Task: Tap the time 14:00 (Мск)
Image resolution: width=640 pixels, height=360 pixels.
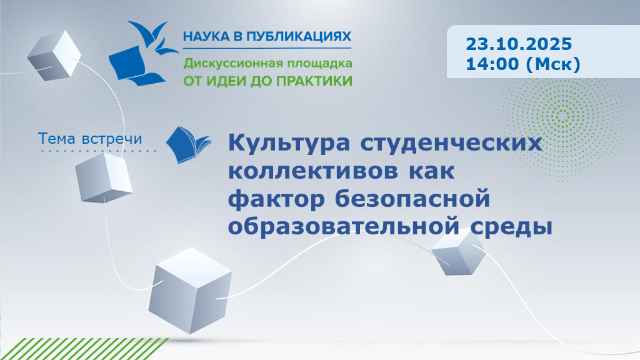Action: click(522, 64)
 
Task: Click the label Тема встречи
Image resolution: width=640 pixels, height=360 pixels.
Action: click(90, 137)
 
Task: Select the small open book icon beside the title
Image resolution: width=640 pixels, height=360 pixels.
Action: click(189, 144)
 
